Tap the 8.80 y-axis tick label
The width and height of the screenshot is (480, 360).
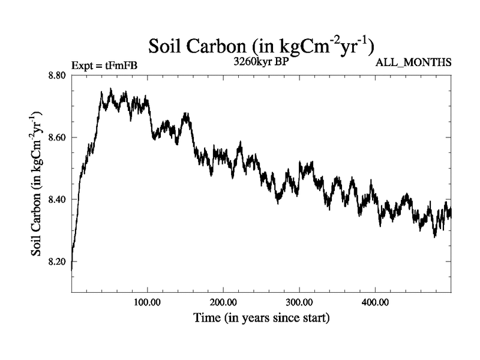tap(58, 76)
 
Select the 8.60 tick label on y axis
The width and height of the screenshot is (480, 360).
tap(58, 137)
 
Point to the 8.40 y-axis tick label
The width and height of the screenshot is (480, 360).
tap(58, 199)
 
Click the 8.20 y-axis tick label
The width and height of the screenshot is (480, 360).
tap(58, 262)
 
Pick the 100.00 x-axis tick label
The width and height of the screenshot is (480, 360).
tap(147, 301)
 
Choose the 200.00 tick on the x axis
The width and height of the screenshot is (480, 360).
tap(223, 301)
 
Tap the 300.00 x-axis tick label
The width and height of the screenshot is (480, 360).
tap(298, 301)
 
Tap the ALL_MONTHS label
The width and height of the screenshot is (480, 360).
tap(413, 62)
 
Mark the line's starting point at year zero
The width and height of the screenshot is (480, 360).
tap(72, 269)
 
